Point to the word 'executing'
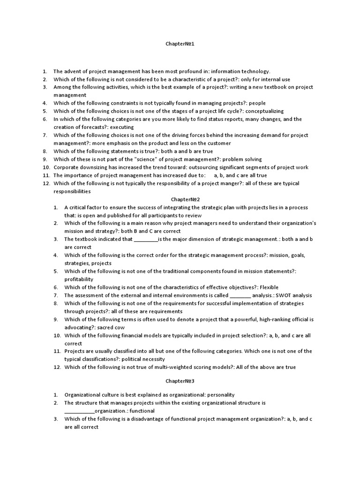pos(122,127)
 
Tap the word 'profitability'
pos(79,279)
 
